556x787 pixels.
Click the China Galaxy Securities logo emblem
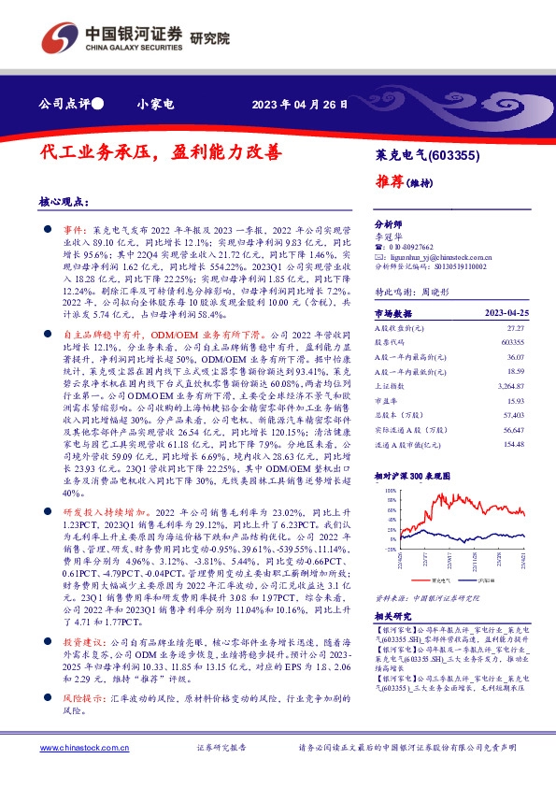click(59, 36)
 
